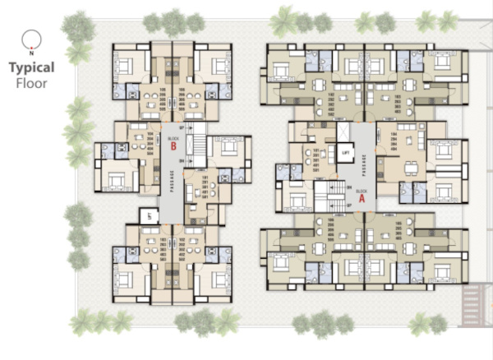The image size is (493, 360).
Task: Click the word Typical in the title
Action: point(32,67)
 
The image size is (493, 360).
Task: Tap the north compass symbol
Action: point(32,38)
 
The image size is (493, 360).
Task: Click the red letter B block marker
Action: point(173,147)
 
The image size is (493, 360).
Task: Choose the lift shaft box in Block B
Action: point(149,215)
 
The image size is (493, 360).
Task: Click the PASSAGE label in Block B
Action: point(171,179)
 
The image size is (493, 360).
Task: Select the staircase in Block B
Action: point(196,148)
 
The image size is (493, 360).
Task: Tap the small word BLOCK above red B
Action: point(173,138)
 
